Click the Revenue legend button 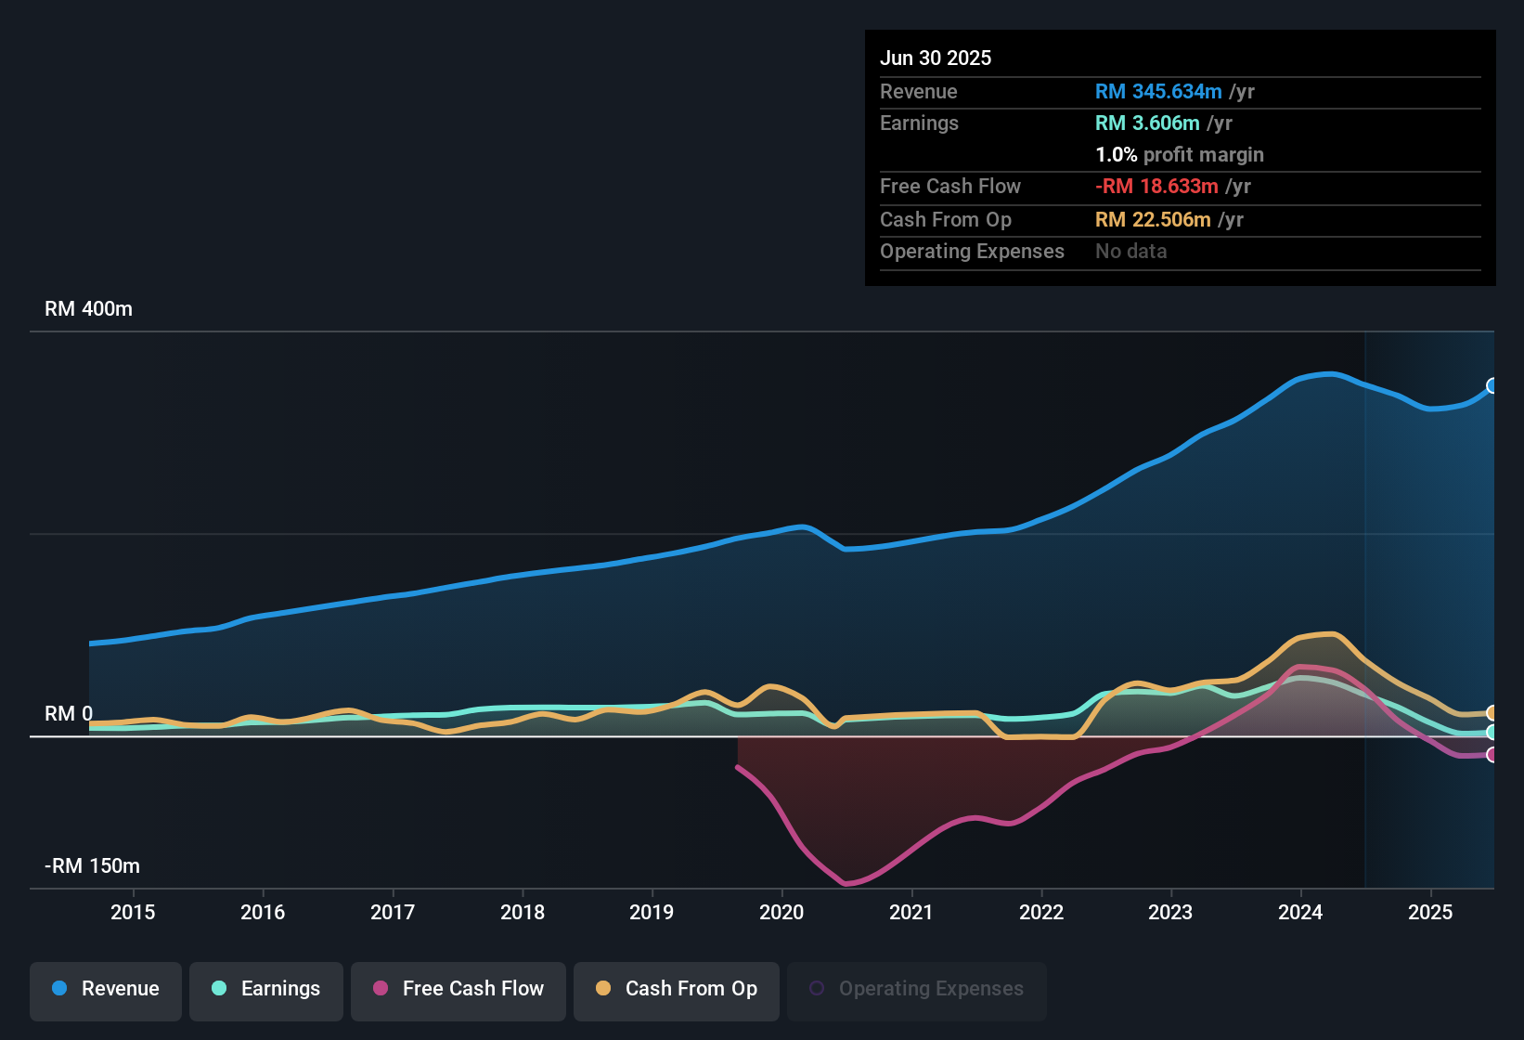point(106,989)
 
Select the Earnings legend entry point(266,989)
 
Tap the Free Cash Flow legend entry point(458,989)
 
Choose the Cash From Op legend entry point(677,989)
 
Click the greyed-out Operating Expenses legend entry point(917,989)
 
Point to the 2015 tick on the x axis point(133,912)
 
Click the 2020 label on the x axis point(781,912)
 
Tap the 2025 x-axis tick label point(1430,912)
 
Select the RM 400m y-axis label point(89,309)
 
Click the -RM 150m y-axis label point(92,866)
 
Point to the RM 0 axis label point(69,714)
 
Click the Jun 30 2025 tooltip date point(936,58)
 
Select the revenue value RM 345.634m point(1158,91)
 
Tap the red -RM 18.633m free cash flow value point(1156,186)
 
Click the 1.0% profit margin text point(1180,154)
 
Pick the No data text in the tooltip point(1131,251)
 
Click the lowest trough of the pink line point(846,883)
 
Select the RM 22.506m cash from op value point(1153,219)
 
